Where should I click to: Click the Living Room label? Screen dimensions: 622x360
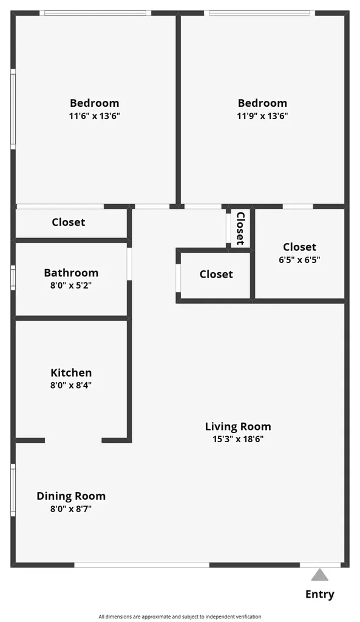coord(237,426)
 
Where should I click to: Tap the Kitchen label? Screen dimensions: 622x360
coord(71,373)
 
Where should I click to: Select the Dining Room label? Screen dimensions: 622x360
coord(71,496)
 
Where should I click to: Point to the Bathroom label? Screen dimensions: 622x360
coord(71,273)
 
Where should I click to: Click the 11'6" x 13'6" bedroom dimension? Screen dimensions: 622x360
coord(94,115)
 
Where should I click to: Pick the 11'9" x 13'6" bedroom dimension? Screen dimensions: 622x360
coord(262,115)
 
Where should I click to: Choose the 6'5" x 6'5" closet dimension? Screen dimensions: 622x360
coord(299,259)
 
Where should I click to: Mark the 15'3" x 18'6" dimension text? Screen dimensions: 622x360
coord(237,439)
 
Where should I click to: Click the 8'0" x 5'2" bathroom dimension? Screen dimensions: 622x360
coord(71,285)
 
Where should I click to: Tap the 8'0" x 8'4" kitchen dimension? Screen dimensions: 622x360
coord(71,385)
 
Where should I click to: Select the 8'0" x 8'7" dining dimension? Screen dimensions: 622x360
coord(71,509)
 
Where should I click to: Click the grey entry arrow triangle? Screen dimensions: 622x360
coord(320,575)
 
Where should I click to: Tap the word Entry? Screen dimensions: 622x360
coord(320,594)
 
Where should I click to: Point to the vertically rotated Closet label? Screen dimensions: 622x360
coord(240,228)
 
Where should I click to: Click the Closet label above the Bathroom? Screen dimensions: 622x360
coord(69,222)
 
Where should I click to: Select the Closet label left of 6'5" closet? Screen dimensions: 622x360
coord(216,274)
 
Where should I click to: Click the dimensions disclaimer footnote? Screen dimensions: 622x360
coord(180,617)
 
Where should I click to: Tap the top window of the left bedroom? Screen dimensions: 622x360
coord(95,13)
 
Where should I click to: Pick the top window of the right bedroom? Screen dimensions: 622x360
coord(260,13)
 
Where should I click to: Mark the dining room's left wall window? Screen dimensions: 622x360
coord(13,491)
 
